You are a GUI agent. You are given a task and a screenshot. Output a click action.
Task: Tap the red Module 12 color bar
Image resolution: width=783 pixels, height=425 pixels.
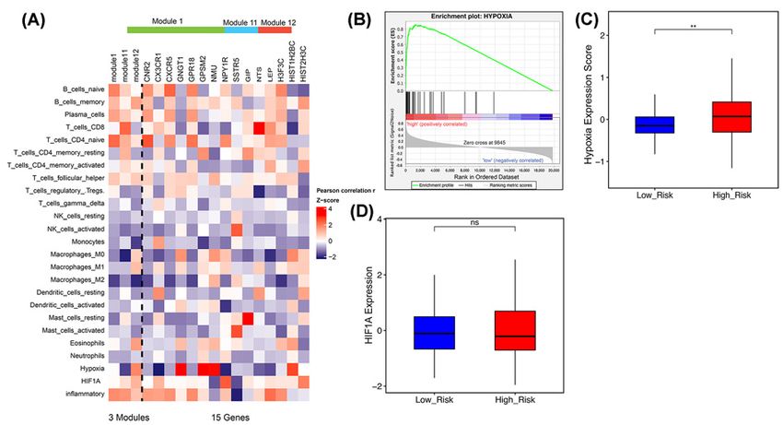point(275,30)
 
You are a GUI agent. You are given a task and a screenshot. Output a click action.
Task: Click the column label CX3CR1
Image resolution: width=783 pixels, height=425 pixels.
point(159,67)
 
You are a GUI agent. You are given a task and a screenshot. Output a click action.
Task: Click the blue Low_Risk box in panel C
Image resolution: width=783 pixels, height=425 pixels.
point(656,124)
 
